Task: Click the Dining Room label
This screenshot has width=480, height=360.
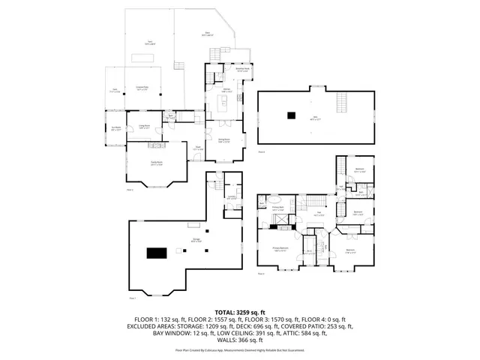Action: coord(223,140)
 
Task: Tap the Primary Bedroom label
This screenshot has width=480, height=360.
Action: coord(281,250)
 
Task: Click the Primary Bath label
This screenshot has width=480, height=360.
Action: coord(277,211)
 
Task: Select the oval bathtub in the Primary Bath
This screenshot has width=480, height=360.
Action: coord(274,202)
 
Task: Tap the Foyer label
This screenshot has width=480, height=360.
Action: coord(199,148)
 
